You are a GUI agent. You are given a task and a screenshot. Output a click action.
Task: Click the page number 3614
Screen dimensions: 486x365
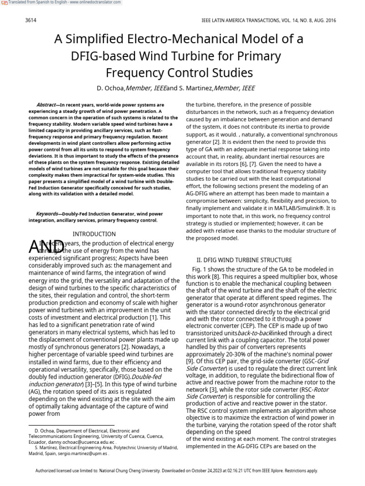click(30, 21)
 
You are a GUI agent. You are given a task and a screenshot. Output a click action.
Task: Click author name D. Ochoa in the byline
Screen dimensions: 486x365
click(111, 88)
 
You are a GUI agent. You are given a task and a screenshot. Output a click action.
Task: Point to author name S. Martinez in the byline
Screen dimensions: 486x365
click(195, 88)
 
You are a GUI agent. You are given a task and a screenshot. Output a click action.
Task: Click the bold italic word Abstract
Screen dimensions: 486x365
click(46, 105)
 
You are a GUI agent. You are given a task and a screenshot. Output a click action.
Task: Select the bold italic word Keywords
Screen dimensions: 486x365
click(48, 214)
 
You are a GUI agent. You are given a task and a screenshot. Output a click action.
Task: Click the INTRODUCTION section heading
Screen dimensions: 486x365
click(94, 234)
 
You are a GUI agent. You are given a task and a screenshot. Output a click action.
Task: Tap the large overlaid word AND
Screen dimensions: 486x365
click(47, 247)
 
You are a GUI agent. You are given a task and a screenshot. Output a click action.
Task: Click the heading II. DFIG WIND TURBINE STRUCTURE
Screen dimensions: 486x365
click(244, 260)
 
